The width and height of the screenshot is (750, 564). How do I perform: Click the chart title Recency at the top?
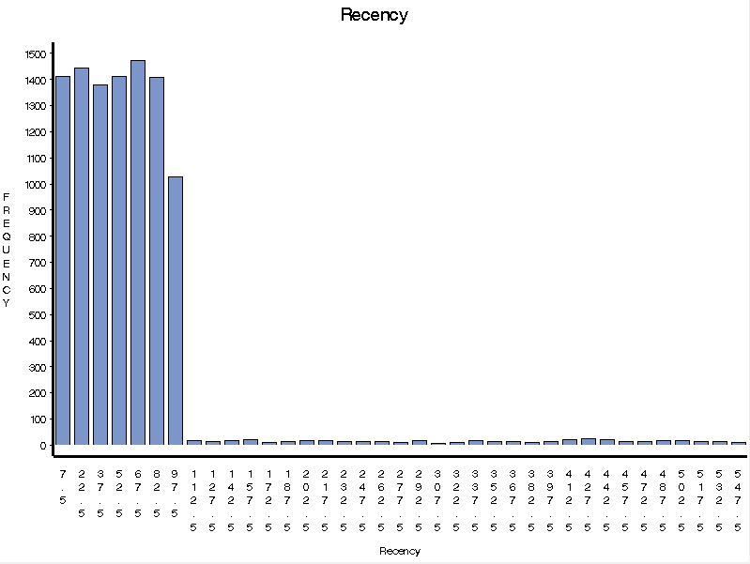(374, 15)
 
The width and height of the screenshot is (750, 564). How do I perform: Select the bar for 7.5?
(63, 260)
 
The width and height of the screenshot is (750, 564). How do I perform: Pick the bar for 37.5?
(100, 265)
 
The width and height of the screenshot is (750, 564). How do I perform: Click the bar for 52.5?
(119, 260)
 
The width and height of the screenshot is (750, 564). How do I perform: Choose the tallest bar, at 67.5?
(138, 252)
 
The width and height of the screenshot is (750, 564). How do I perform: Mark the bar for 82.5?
(157, 261)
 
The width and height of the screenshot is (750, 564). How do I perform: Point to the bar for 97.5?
(176, 311)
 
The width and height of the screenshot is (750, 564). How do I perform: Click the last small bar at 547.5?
(739, 443)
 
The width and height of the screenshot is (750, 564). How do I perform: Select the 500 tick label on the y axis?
(36, 314)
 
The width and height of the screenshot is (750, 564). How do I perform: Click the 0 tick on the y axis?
(41, 445)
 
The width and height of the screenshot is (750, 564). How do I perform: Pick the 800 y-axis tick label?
(36, 236)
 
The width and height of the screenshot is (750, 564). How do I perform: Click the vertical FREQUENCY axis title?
(7, 250)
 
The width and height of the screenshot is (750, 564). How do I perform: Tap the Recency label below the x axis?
(400, 551)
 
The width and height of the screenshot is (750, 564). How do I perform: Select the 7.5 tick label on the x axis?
(63, 486)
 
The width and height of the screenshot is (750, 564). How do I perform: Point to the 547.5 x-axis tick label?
(739, 499)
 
